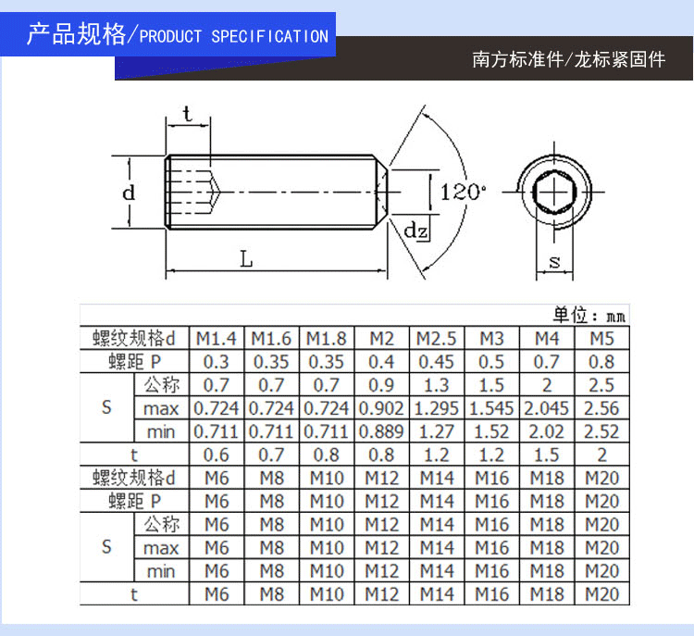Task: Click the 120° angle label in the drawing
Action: pos(463,193)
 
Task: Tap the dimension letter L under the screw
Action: pos(246,260)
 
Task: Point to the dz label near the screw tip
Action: pos(416,230)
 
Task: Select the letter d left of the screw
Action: pos(130,193)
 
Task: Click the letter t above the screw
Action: pos(188,115)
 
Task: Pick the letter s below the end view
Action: pos(555,262)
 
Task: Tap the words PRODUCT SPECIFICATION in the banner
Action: pos(233,37)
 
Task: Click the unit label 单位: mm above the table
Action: pos(589,315)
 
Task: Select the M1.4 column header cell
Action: pos(217,338)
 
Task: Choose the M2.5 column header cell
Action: pos(437,338)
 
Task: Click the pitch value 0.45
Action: pos(437,361)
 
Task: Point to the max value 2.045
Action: pos(547,407)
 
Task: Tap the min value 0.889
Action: pos(381,430)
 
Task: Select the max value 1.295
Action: pos(437,407)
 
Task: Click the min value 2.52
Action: pos(602,430)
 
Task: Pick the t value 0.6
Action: pos(217,455)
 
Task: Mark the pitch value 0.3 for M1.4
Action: pos(217,361)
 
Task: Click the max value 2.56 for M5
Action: pos(602,407)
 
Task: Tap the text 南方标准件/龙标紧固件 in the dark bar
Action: pos(568,59)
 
